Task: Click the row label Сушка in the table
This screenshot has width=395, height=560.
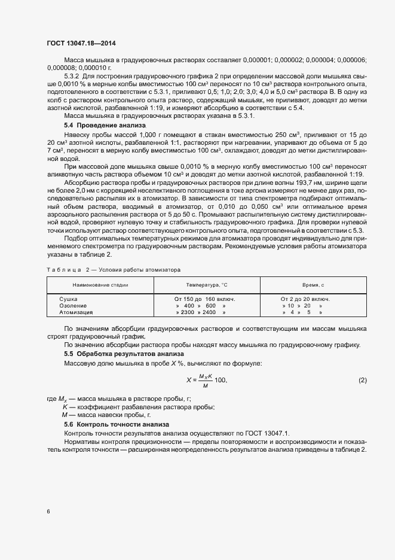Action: point(69,299)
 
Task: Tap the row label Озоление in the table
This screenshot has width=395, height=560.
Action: point(72,305)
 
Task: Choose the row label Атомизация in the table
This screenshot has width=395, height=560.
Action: point(76,312)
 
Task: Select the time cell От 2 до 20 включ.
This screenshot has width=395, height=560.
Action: point(305,299)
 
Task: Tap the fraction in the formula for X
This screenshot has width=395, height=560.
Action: point(206,381)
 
